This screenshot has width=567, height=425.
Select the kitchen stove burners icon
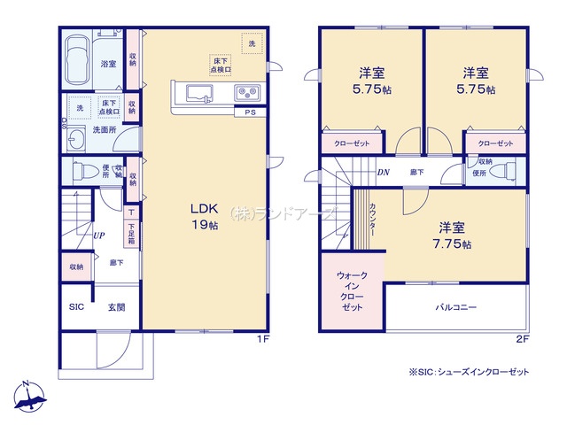coord(245,93)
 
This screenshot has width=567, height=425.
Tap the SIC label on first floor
coord(76,308)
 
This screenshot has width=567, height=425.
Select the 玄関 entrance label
coord(116,308)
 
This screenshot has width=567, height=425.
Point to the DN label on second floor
coord(384,174)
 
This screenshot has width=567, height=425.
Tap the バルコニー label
coord(455,307)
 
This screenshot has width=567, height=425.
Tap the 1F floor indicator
coord(262,339)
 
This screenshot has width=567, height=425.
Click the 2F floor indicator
coord(523,339)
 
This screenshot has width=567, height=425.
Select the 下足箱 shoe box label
coord(130,234)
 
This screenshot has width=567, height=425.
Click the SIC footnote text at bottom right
coord(469,372)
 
